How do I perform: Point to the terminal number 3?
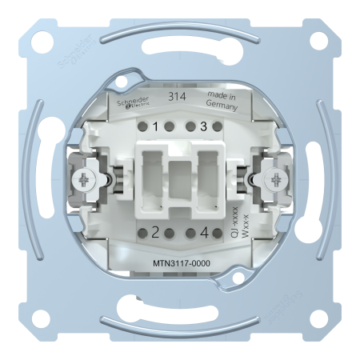coord(203,126)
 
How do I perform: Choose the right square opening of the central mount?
coord(206,178)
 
